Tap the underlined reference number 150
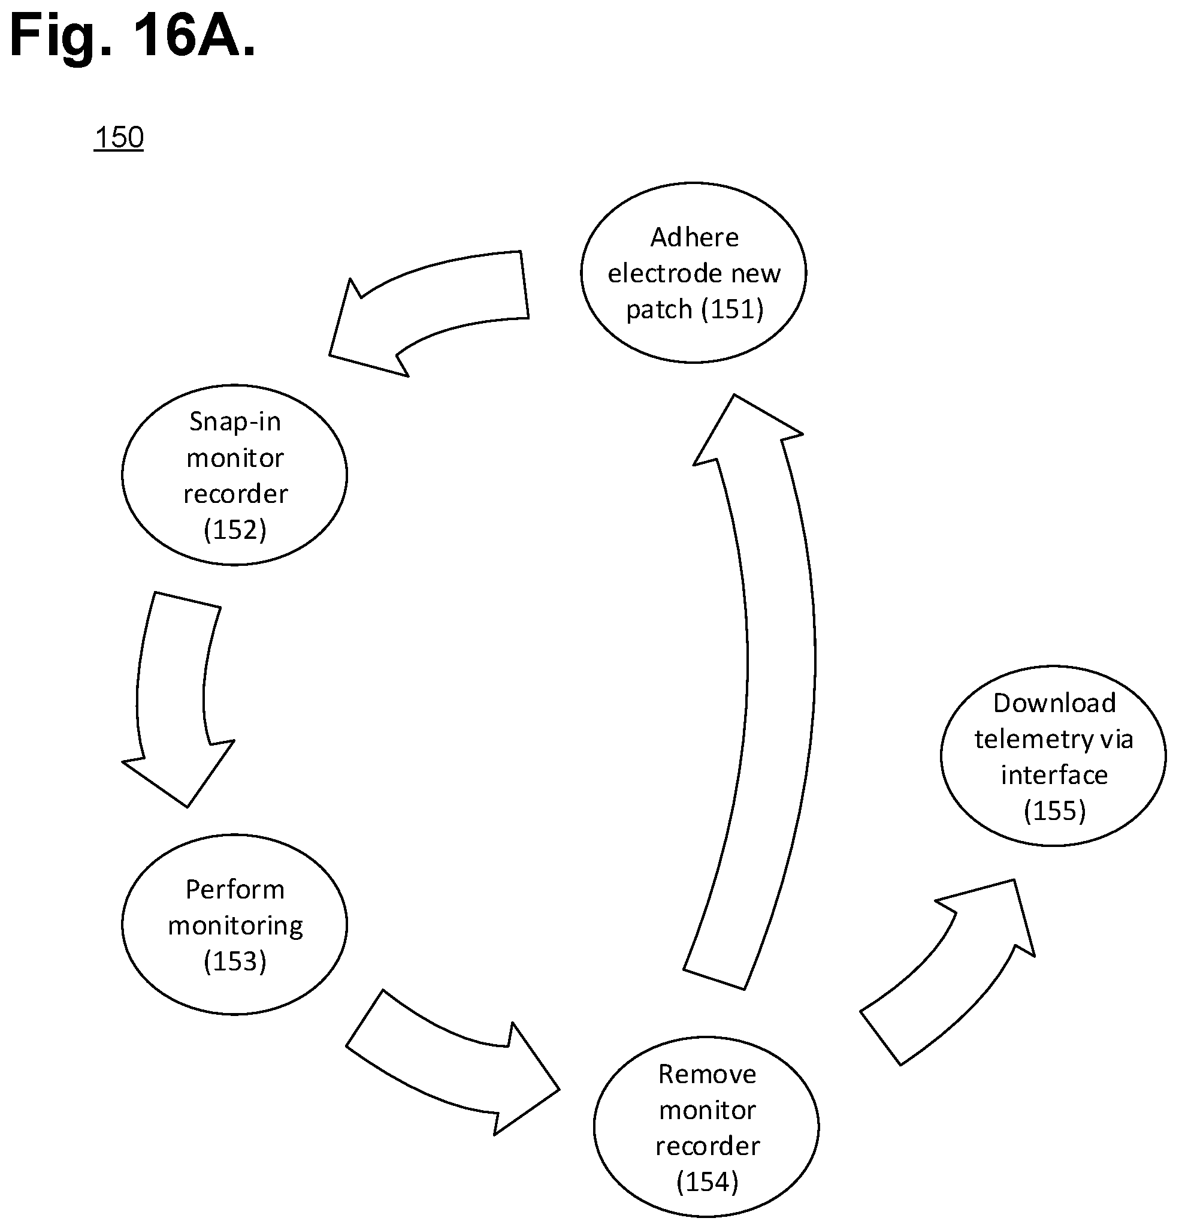pyautogui.click(x=119, y=137)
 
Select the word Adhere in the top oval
pyautogui.click(x=694, y=237)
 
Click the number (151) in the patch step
pyautogui.click(x=731, y=309)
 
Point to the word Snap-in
pyautogui.click(x=235, y=422)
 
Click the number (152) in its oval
pyautogui.click(x=235, y=530)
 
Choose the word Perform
pyautogui.click(x=235, y=890)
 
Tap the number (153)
pyautogui.click(x=235, y=961)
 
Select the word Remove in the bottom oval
pyautogui.click(x=707, y=1074)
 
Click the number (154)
pyautogui.click(x=708, y=1182)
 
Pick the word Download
pyautogui.click(x=1054, y=703)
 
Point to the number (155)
pyautogui.click(x=1054, y=811)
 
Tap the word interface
pyautogui.click(x=1054, y=775)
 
